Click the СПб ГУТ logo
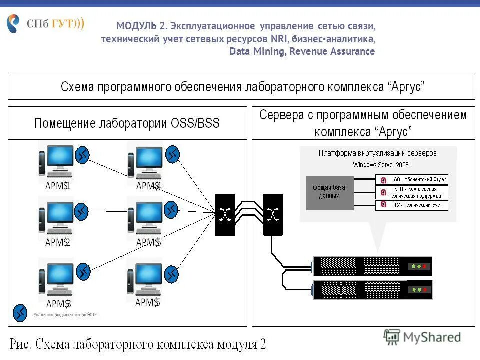pos(45,24)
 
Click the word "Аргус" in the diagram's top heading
pos(406,87)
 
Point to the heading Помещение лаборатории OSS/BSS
pos(127,123)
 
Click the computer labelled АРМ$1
pos(56,160)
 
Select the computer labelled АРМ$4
pos(145,160)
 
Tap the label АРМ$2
pos(57,242)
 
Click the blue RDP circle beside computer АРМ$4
pos(173,154)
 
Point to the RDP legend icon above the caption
pos(20,312)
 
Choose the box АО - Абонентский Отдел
pos(412,179)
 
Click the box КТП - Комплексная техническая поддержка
pos(412,192)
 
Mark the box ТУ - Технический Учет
pos(412,205)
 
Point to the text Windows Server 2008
pos(380,164)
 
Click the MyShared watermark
pos(422,337)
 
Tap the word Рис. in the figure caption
pos(22,344)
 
